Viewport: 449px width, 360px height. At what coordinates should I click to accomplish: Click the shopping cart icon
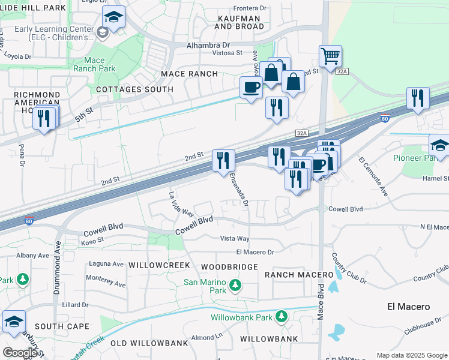[x=330, y=57]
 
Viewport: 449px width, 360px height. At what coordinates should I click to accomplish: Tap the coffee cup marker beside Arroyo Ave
[x=251, y=88]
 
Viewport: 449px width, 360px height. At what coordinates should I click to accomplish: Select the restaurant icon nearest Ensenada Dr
[x=223, y=160]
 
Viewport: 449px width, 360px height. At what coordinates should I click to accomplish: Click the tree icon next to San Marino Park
[x=235, y=284]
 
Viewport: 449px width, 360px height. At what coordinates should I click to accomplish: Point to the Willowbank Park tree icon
[x=280, y=317]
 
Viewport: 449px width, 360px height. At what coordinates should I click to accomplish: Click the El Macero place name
[x=408, y=307]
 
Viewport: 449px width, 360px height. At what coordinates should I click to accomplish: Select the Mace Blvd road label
[x=321, y=302]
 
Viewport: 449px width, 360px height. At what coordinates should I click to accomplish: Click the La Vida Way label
[x=181, y=205]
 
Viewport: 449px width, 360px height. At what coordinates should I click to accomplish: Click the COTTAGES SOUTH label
[x=135, y=89]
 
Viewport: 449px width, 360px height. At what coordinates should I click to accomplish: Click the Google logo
[x=19, y=353]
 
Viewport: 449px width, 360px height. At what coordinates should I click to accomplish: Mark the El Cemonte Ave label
[x=373, y=177]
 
